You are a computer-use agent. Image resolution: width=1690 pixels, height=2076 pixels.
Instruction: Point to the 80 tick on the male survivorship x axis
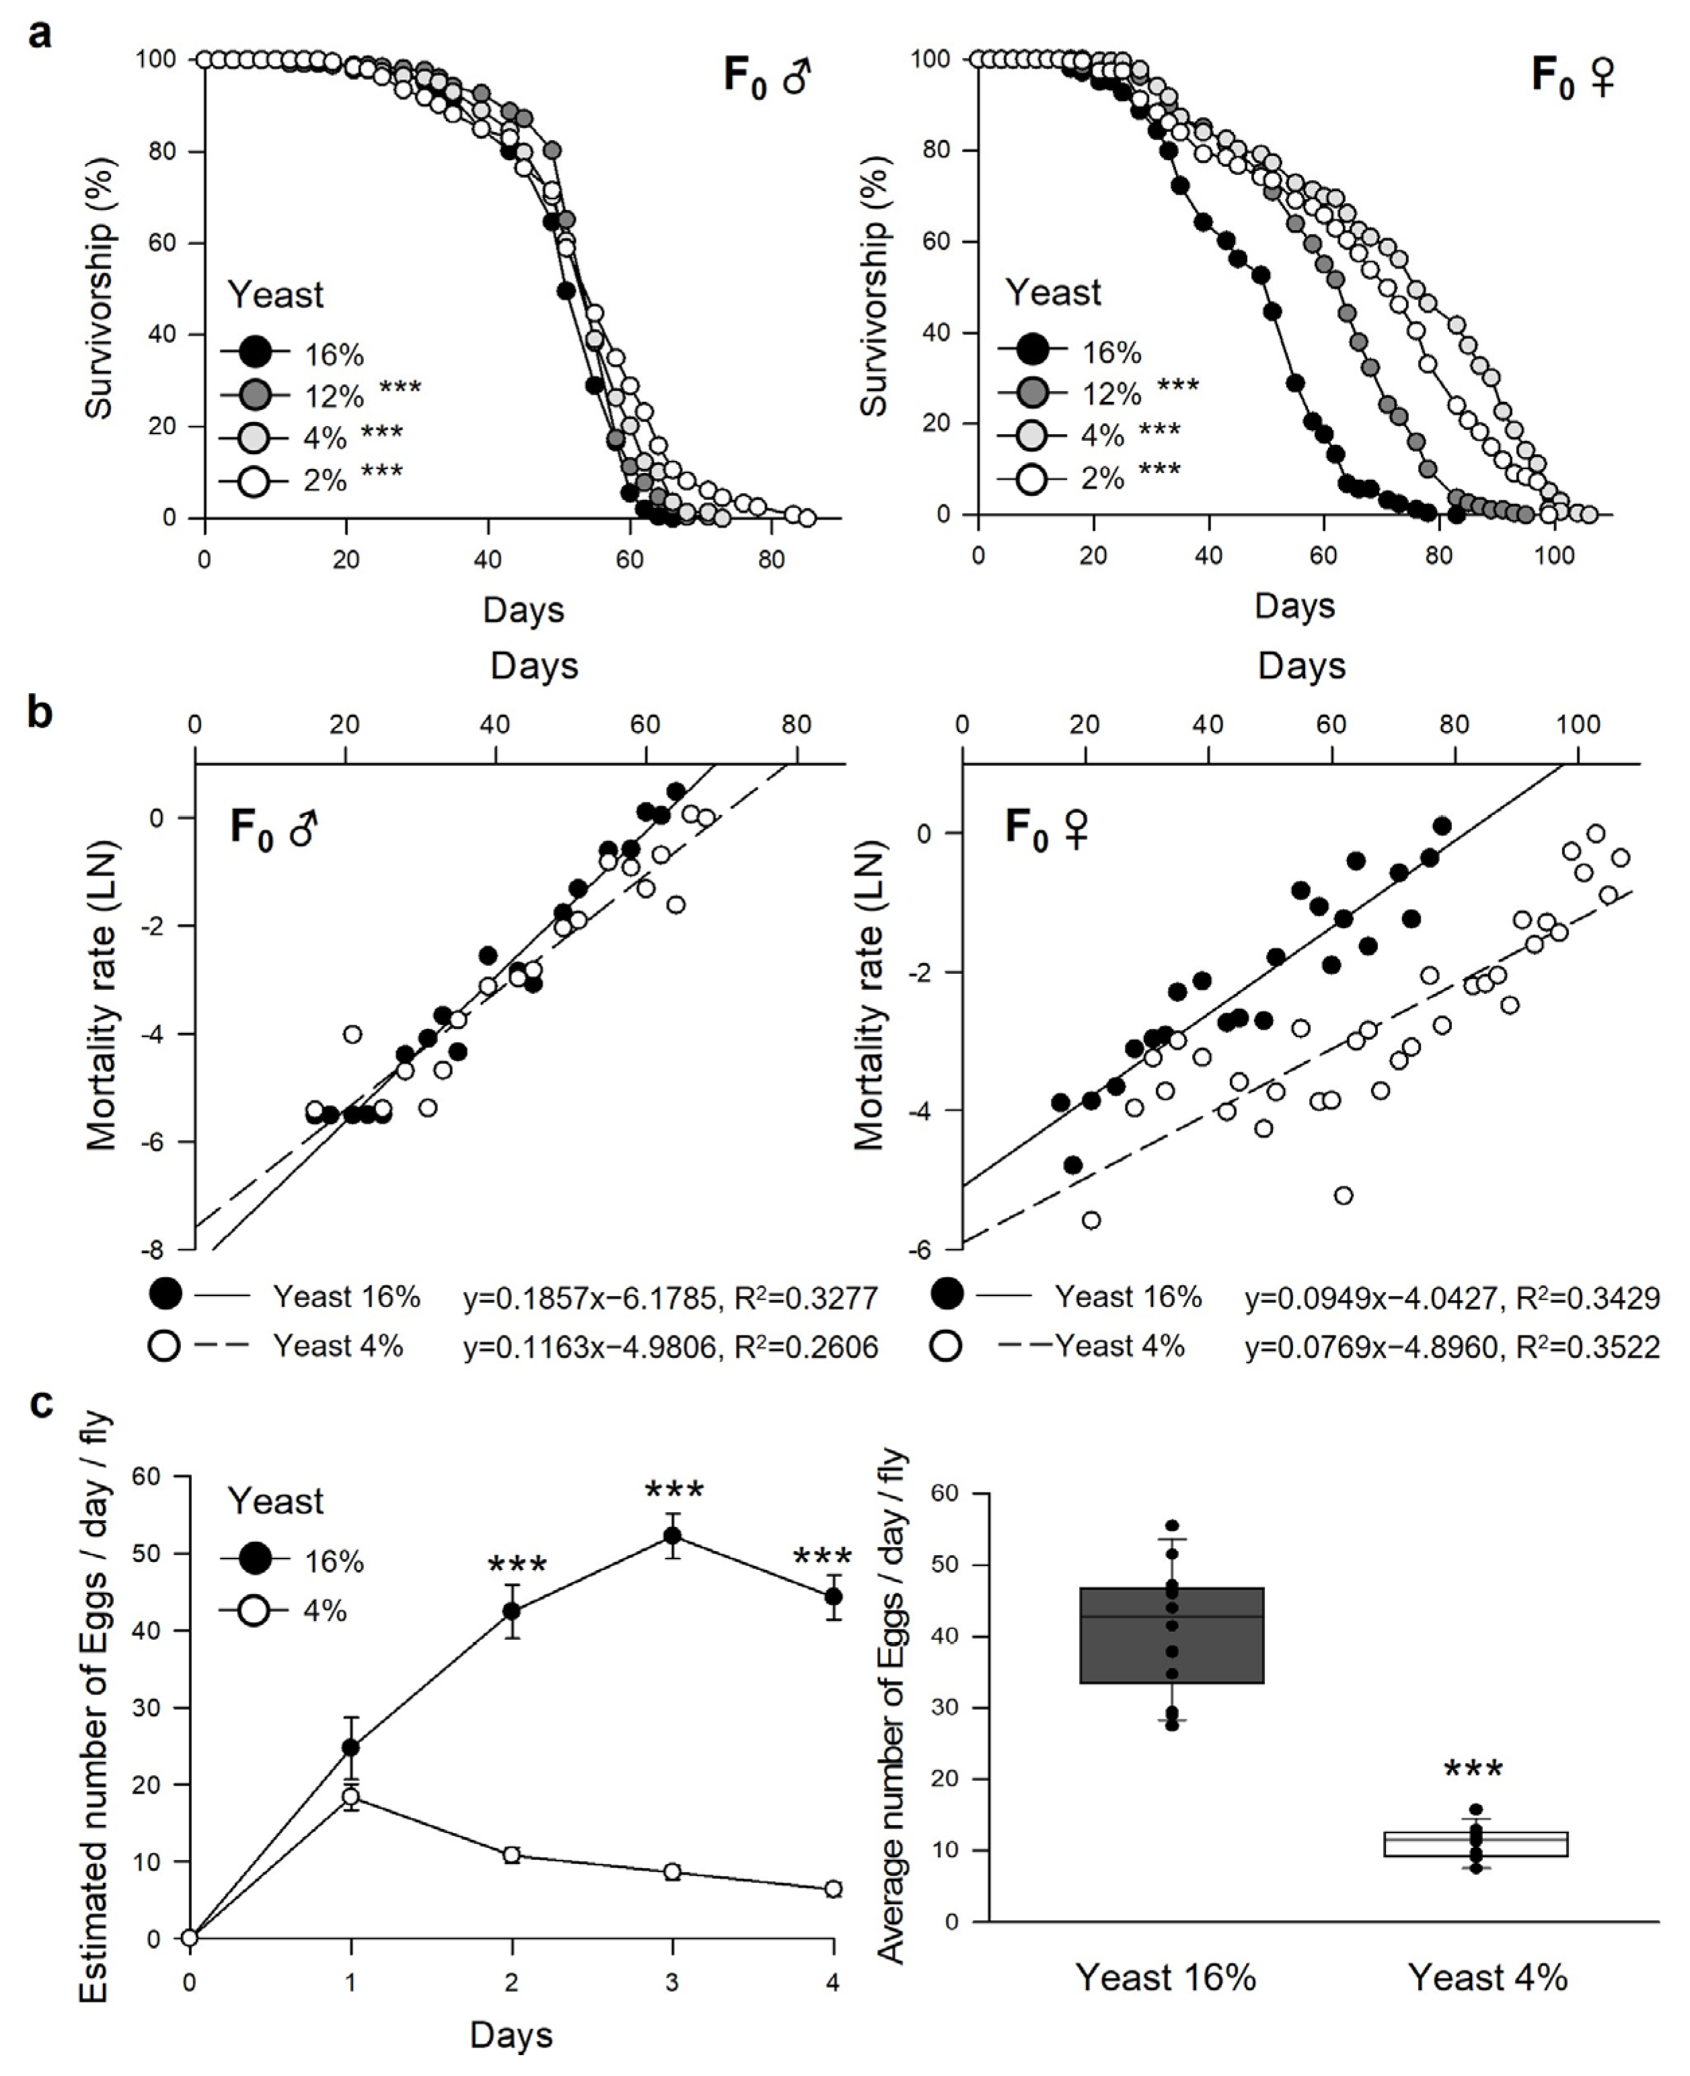(x=771, y=560)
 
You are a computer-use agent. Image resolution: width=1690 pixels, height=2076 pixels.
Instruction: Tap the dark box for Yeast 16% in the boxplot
(x=1171, y=1635)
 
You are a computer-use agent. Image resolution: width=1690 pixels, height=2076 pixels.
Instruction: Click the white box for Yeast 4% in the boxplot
(x=1475, y=1843)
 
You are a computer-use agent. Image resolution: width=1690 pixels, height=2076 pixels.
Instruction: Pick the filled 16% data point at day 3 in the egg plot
(x=671, y=1536)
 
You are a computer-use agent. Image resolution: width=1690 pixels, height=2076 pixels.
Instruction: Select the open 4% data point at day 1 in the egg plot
(x=351, y=1797)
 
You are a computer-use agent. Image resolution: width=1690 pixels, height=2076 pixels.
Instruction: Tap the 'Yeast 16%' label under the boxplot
(x=1165, y=1978)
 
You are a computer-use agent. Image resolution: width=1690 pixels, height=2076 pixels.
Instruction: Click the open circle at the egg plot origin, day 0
(x=190, y=1938)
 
